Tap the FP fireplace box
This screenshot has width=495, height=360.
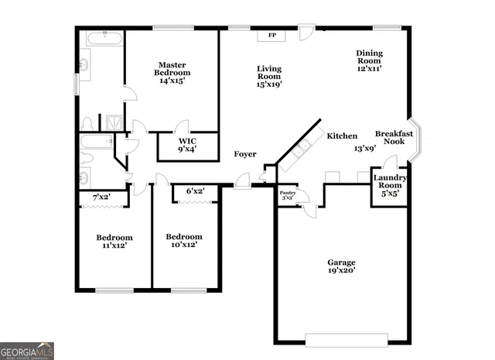[271, 36]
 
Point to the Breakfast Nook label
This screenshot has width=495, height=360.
[394, 138]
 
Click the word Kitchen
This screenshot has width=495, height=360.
[342, 135]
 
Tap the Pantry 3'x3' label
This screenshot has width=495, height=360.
[287, 194]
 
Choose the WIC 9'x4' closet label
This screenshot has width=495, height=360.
[187, 145]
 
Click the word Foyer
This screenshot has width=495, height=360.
[245, 154]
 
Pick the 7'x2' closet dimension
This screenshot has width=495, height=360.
[101, 198]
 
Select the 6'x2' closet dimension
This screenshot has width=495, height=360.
[195, 191]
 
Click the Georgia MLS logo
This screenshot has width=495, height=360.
[27, 351]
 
